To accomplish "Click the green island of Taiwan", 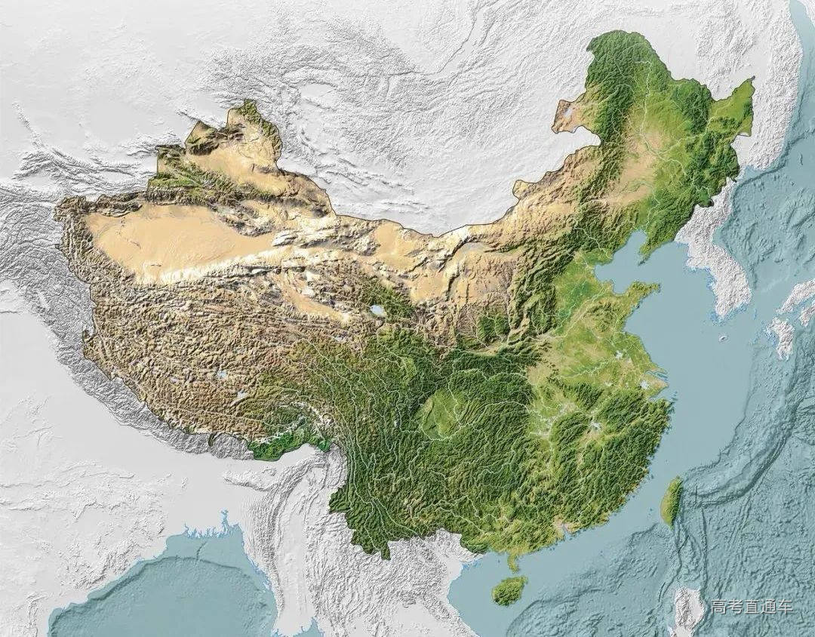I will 672,501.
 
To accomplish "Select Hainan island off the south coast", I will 510,590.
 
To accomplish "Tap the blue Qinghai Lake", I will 377,310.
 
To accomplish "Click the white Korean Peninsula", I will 717,264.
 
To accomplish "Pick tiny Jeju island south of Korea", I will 722,339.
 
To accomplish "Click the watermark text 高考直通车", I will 751,607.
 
